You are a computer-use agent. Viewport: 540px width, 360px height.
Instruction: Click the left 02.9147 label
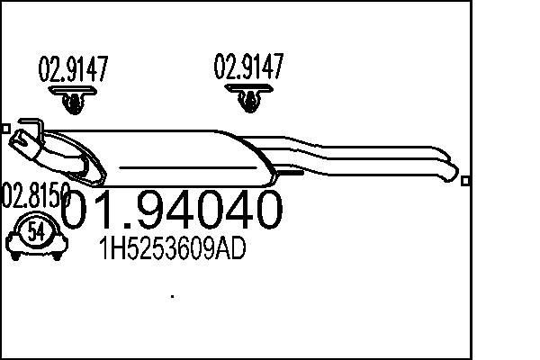(71, 69)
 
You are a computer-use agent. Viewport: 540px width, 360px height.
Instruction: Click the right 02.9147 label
(248, 67)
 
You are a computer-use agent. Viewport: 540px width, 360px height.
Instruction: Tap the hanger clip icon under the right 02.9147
(249, 99)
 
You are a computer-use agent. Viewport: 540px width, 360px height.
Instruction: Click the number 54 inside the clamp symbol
(36, 231)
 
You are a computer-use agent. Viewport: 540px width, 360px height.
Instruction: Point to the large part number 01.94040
(175, 210)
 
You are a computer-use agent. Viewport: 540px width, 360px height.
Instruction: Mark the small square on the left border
(4, 129)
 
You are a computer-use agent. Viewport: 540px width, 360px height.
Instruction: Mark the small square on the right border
(464, 181)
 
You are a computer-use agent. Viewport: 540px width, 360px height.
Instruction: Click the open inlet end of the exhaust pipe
(18, 139)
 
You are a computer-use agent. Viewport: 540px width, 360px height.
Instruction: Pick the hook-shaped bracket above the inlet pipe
(29, 127)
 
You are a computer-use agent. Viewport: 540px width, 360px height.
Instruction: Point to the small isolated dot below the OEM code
(172, 295)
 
